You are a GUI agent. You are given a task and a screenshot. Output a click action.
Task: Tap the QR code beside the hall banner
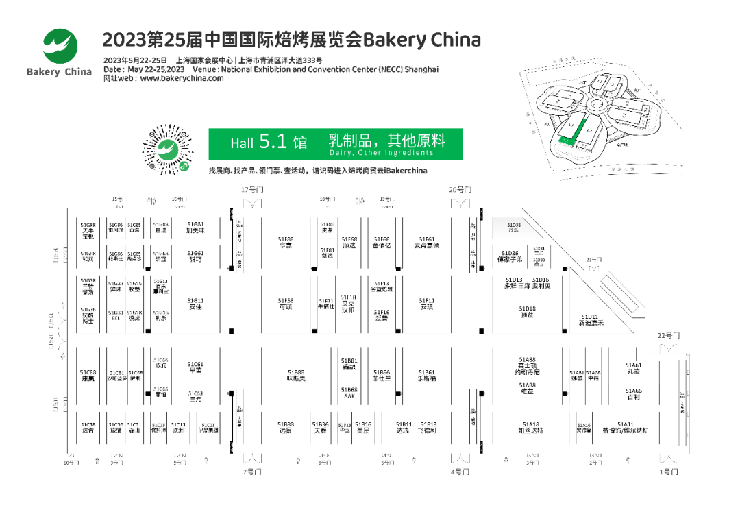[x=168, y=149]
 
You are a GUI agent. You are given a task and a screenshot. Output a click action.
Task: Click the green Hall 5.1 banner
[x=336, y=143]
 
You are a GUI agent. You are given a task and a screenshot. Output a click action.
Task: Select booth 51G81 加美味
[x=196, y=228]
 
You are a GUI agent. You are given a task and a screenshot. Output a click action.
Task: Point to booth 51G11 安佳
[x=196, y=304]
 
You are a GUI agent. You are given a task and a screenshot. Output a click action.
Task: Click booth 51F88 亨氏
[x=286, y=242]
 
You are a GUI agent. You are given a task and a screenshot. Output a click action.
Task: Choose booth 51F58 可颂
[x=286, y=304]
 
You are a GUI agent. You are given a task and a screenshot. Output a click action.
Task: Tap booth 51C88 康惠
[x=88, y=375]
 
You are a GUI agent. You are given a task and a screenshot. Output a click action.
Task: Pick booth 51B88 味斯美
[x=296, y=375]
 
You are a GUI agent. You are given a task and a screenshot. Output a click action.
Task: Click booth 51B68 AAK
[x=349, y=393]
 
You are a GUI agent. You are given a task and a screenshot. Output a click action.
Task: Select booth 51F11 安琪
[x=427, y=304]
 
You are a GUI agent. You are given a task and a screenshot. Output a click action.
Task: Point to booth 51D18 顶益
[x=527, y=312]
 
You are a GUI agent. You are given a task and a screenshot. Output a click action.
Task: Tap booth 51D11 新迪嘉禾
[x=591, y=320]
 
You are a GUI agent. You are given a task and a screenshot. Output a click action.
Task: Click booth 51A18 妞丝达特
[x=530, y=427]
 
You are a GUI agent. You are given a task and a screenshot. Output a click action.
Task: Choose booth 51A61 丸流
[x=633, y=368]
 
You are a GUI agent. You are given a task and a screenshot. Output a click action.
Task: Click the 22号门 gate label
[x=668, y=335]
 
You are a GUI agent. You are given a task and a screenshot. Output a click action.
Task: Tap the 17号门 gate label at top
[x=251, y=190]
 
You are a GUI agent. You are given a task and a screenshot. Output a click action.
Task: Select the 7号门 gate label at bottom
[x=251, y=472]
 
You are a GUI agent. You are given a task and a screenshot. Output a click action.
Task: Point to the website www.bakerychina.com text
[x=182, y=78]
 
